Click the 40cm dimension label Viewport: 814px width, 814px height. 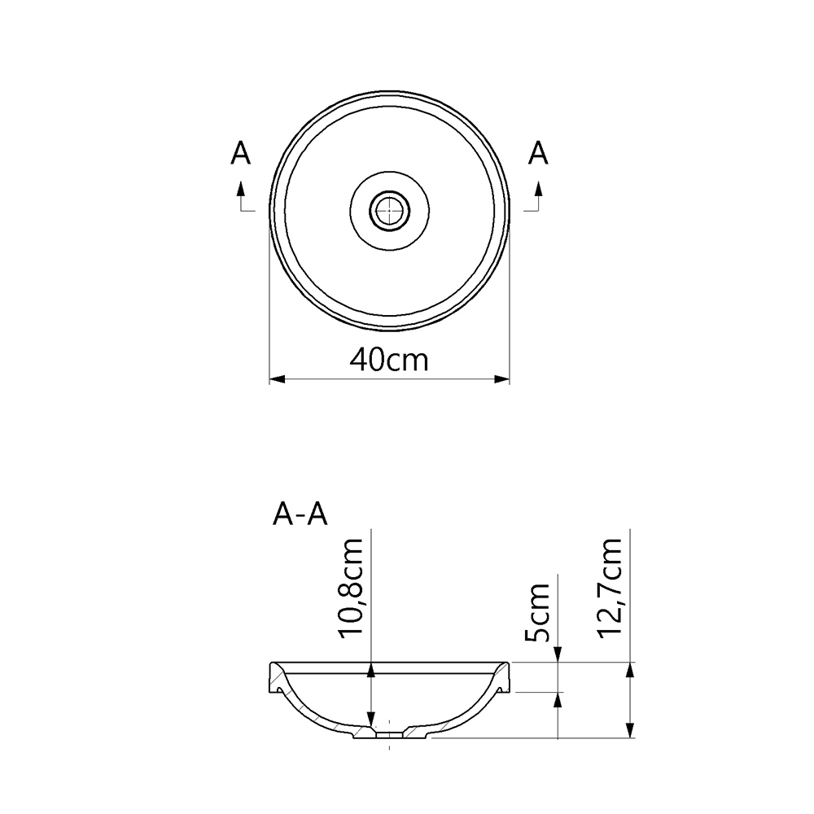[x=388, y=359]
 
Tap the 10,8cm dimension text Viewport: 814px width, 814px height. [x=356, y=589]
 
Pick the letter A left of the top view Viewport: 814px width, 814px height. [x=240, y=152]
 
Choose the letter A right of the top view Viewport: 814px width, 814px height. [x=538, y=152]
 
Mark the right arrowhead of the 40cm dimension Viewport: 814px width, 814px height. [x=502, y=379]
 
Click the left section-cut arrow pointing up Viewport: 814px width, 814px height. [x=240, y=189]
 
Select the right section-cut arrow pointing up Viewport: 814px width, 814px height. [x=538, y=189]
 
